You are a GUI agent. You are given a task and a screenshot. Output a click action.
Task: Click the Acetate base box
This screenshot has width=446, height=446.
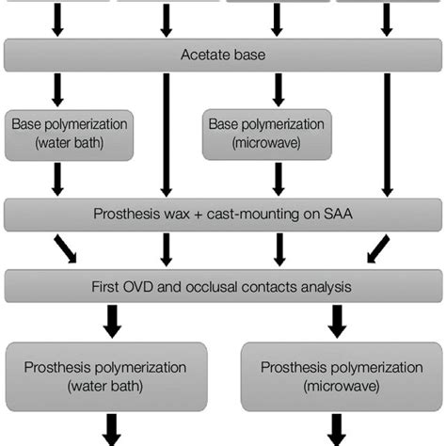(223, 56)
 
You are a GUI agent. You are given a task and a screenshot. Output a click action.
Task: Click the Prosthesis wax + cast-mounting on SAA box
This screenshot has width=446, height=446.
(223, 215)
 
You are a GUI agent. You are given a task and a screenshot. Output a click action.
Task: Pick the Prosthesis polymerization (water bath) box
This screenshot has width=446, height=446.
(112, 374)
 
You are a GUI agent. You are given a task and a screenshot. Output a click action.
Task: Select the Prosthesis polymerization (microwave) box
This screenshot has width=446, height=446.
(336, 374)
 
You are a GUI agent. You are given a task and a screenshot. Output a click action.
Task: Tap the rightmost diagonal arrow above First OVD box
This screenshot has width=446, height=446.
(376, 248)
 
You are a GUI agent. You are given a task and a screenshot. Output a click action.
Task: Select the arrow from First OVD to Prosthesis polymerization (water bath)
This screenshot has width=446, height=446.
(112, 320)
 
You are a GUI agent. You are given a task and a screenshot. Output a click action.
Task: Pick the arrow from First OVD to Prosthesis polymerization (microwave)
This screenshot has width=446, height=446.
(336, 320)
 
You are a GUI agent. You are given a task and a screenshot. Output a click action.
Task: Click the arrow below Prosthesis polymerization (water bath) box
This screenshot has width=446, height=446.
(112, 429)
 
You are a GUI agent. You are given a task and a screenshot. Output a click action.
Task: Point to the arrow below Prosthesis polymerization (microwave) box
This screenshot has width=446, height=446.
(336, 429)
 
